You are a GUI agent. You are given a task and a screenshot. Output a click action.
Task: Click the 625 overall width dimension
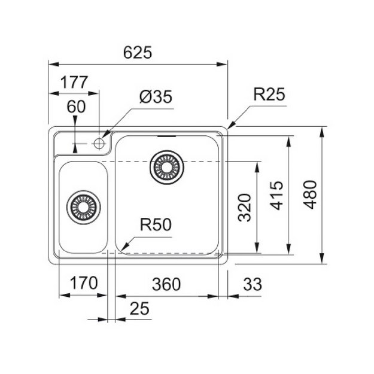(138, 53)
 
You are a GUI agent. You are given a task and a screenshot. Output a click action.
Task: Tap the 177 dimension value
(74, 83)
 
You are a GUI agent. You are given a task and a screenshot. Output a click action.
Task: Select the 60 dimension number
(76, 107)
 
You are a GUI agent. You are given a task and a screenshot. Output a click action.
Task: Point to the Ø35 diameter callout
(156, 97)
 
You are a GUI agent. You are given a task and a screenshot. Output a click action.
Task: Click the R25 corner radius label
(269, 94)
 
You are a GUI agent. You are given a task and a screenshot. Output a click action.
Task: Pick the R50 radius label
(156, 224)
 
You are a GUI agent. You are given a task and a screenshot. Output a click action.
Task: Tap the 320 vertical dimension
(245, 208)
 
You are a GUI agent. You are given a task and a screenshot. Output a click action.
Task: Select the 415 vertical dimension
(276, 196)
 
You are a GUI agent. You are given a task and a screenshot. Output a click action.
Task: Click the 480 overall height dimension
(311, 195)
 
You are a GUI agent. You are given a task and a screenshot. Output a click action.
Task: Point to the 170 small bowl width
(84, 283)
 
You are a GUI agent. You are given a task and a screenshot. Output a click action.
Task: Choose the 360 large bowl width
(166, 284)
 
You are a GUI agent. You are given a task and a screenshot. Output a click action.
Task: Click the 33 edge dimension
(253, 284)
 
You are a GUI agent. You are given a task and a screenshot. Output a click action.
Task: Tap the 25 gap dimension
(139, 308)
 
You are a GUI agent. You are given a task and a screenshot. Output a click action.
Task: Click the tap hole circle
(99, 144)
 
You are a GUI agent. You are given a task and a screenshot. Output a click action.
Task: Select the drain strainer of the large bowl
(167, 167)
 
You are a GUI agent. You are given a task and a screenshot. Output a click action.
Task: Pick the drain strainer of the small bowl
(84, 207)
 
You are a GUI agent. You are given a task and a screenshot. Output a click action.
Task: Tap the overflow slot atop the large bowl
(167, 136)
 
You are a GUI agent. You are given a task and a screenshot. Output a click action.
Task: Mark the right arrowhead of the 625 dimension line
(222, 64)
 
